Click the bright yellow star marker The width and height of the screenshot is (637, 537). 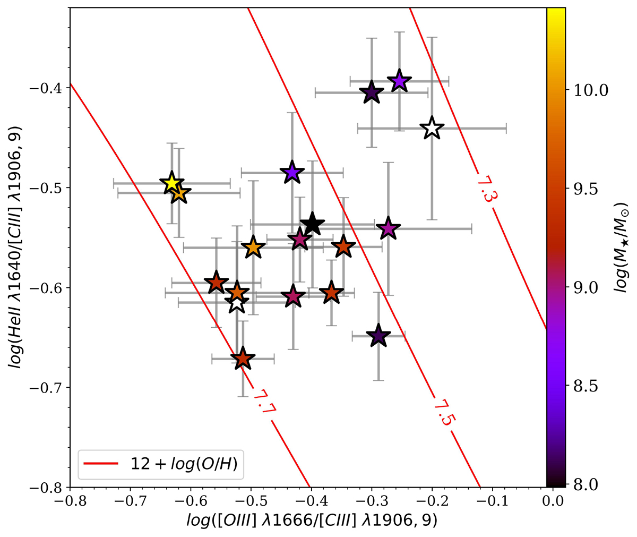[171, 183]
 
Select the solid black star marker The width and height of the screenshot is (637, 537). [312, 224]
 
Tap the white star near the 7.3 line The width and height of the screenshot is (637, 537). [432, 128]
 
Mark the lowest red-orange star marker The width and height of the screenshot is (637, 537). [243, 359]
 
